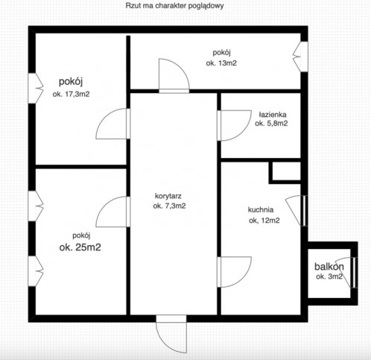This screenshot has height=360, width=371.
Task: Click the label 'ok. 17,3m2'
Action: click(71, 95)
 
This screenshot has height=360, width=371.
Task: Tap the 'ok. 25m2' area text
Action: click(80, 247)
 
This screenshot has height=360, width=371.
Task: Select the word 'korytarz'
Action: click(168, 196)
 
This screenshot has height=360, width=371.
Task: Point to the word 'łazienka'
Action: click(273, 115)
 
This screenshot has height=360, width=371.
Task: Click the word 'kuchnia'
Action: click(261, 209)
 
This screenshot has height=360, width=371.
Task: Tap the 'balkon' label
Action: click(329, 267)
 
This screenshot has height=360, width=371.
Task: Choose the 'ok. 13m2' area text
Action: click(221, 63)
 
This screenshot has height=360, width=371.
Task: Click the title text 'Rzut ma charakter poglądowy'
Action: click(174, 6)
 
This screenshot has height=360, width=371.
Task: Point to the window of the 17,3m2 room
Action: click(36, 88)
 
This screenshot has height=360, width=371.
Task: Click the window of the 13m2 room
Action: click(300, 57)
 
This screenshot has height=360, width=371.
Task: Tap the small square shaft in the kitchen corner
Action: click(285, 172)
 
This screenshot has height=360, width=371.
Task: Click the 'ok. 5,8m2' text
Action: click(271, 124)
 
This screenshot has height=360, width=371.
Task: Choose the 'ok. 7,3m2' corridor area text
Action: click(169, 206)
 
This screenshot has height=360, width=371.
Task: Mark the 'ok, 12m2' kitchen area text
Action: click(264, 221)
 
